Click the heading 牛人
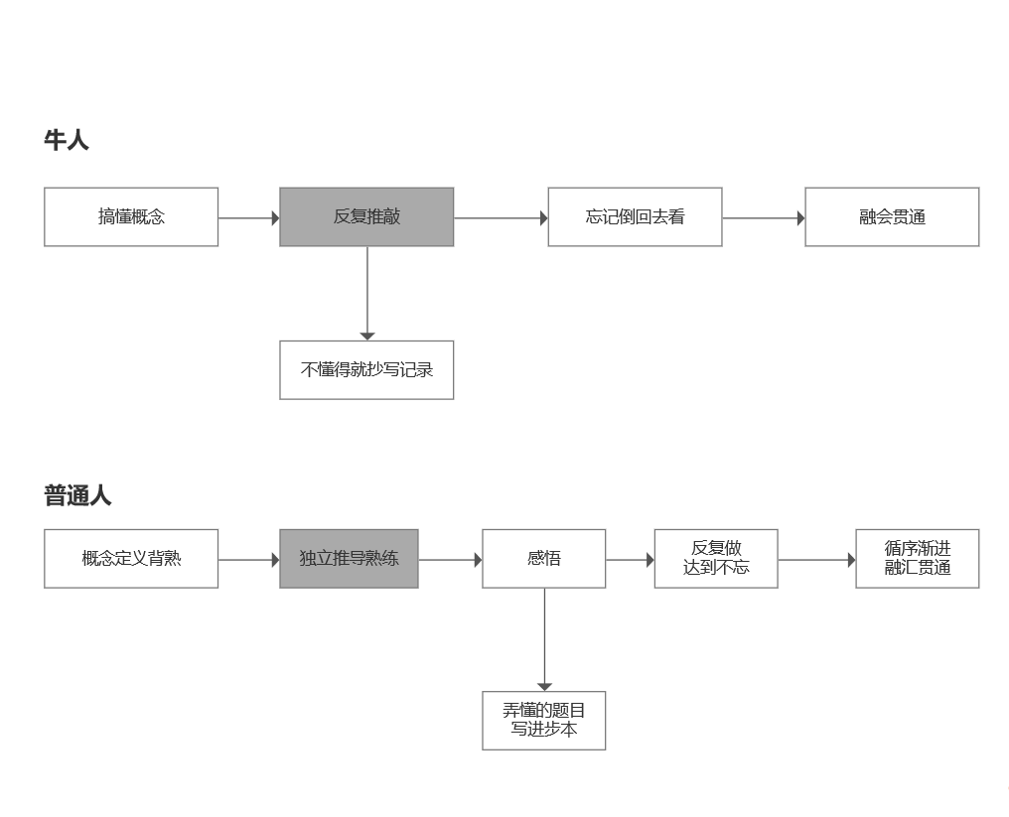point(67,140)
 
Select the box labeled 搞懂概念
point(131,216)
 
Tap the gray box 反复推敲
point(366,216)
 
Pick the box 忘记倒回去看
point(635,216)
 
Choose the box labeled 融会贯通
point(892,216)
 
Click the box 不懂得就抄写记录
point(366,370)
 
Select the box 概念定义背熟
point(131,558)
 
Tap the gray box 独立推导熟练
point(349,558)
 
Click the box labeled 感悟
point(543,558)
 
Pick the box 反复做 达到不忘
point(715,558)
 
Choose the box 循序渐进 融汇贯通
point(917,558)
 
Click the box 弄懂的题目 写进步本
point(543,720)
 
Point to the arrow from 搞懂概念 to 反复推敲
point(248,217)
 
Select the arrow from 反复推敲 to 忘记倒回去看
point(501,217)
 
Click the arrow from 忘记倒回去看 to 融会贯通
point(763,217)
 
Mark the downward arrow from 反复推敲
point(367,293)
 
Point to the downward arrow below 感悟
point(544,639)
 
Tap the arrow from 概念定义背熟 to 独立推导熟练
point(248,560)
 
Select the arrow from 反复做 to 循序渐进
point(816,560)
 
